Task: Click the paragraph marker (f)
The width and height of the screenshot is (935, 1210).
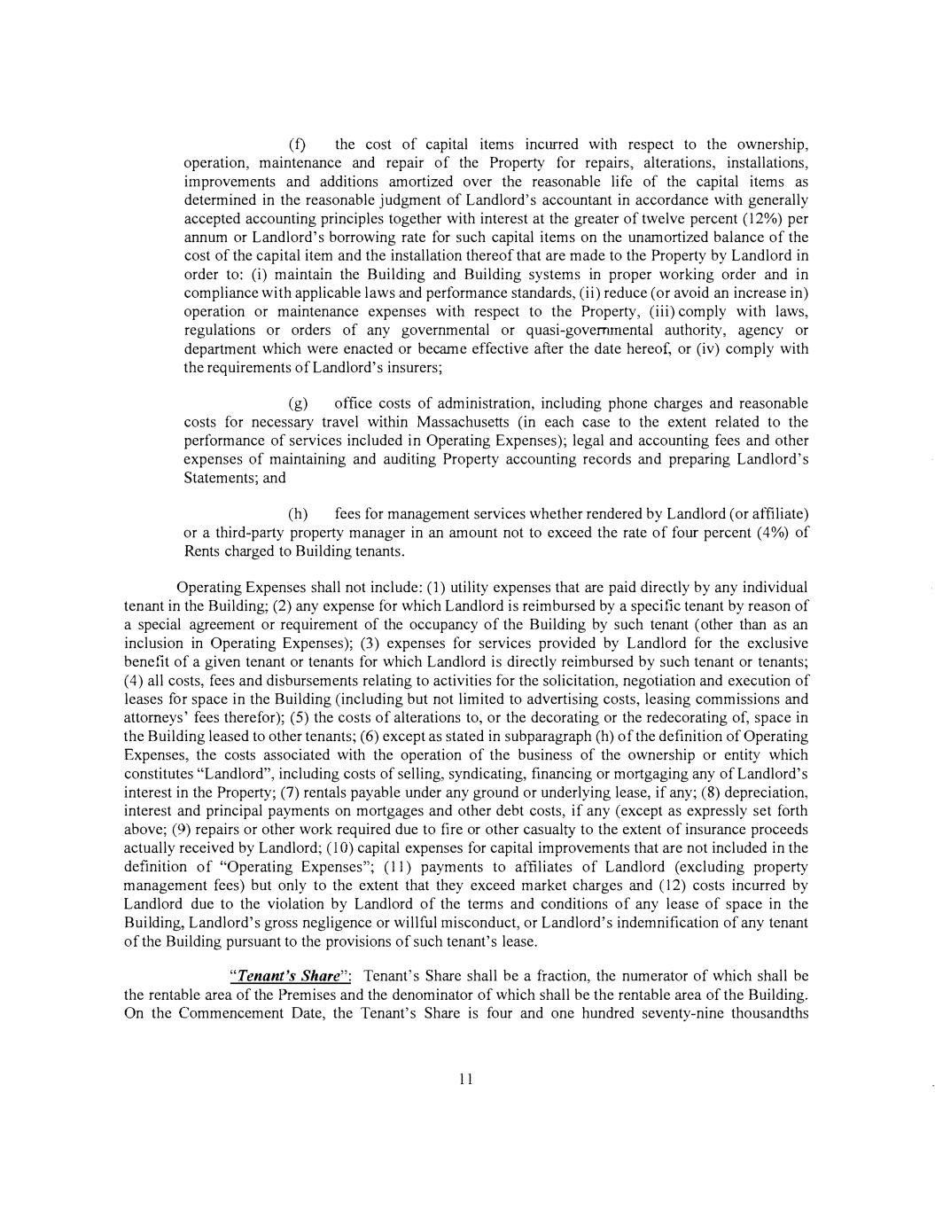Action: tap(297, 144)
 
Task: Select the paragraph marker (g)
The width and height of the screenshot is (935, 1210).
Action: tap(298, 404)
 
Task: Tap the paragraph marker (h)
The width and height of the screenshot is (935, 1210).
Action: tap(298, 515)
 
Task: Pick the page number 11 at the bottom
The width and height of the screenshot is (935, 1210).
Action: tap(467, 1079)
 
